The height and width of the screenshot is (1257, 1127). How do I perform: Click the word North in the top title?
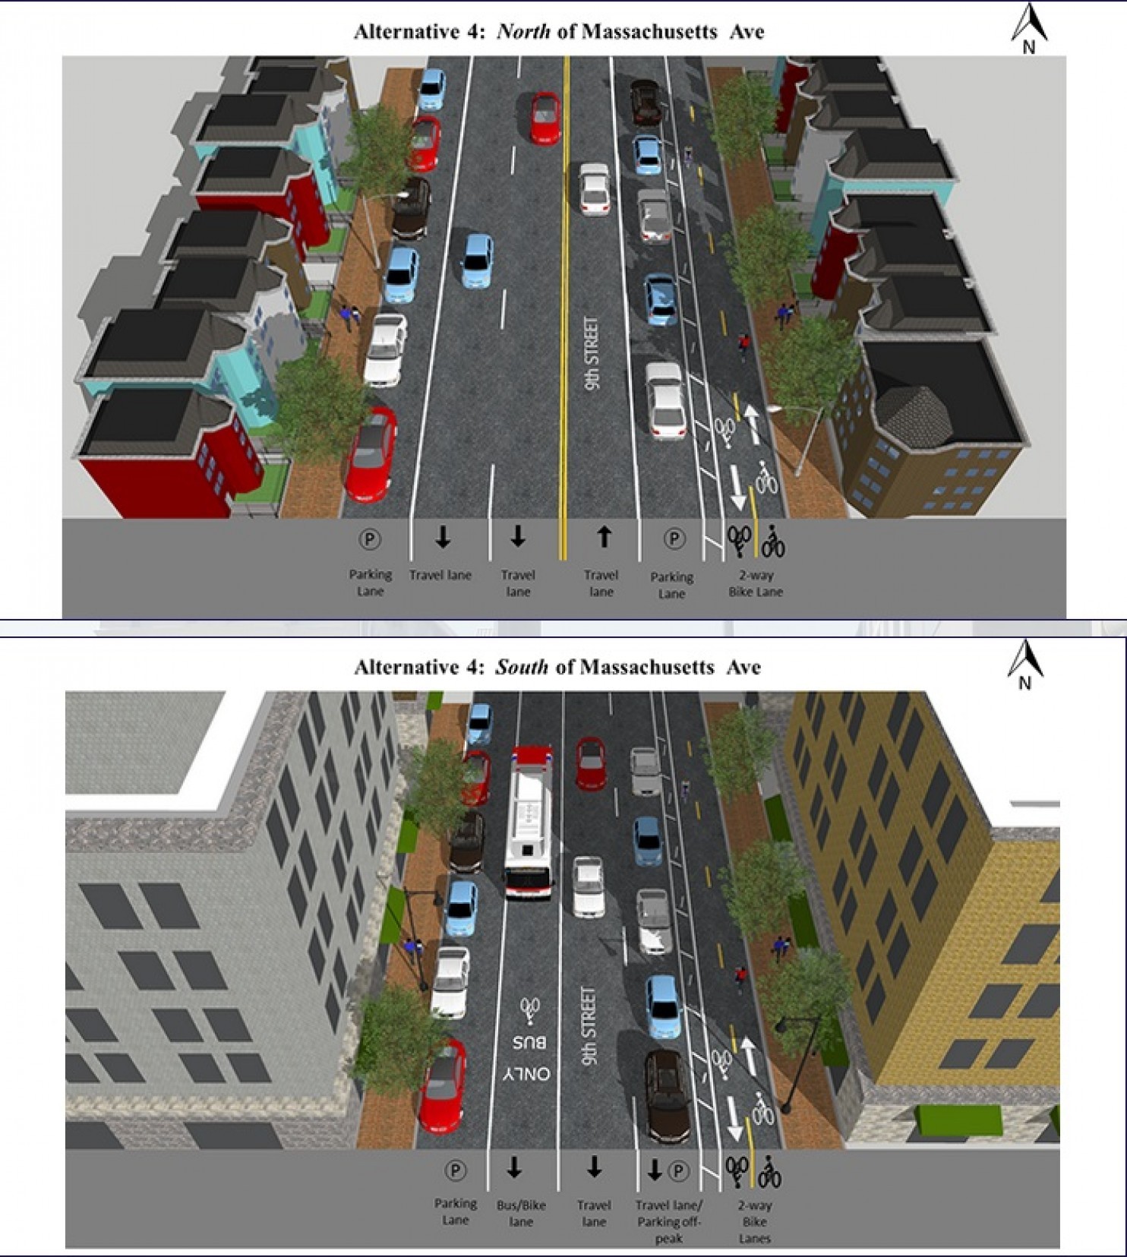523,32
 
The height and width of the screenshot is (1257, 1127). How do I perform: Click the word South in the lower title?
521,668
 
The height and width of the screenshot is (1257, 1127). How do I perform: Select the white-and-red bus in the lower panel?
530,823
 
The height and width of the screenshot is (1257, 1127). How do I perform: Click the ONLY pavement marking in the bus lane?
526,1074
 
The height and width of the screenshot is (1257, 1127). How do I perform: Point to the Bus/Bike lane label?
521,1213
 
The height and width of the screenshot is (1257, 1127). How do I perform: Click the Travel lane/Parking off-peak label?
669,1221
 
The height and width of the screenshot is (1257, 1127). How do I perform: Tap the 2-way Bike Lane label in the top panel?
756,583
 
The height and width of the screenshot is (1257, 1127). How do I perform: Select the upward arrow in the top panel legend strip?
604,537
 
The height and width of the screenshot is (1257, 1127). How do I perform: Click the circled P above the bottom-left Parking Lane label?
455,1170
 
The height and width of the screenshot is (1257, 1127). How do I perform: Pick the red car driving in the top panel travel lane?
545,117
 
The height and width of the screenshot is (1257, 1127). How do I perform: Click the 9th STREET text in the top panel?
592,354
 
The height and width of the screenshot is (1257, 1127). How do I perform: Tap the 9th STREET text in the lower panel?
589,1025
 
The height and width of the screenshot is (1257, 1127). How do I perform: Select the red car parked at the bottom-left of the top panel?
371,454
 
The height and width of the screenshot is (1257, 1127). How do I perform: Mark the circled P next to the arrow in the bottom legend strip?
678,1170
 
